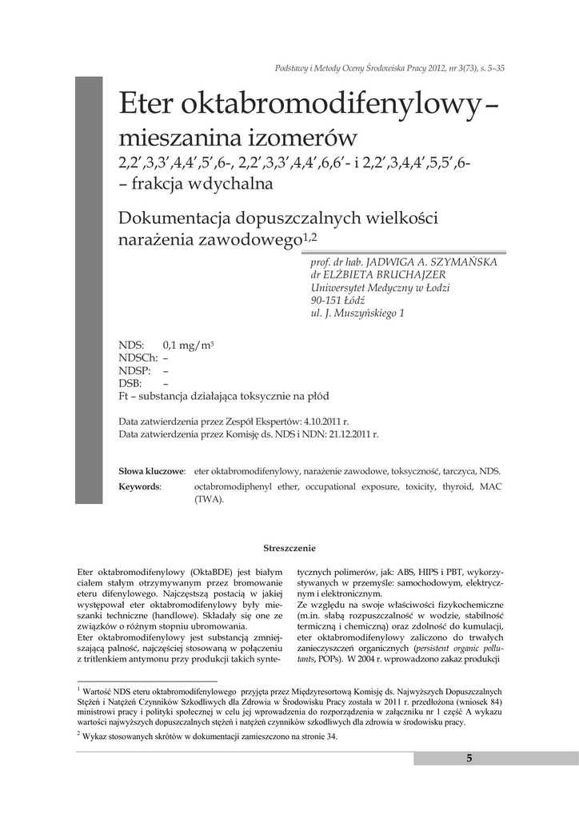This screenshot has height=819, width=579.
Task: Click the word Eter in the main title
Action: coord(147,104)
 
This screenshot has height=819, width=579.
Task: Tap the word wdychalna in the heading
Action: coord(233,184)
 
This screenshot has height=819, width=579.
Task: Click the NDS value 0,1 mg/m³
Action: coord(188,345)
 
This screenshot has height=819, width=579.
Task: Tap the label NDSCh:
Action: coord(138,358)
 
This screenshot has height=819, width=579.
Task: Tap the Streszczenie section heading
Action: coord(289,548)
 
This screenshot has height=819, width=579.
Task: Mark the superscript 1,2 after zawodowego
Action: coord(308,236)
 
